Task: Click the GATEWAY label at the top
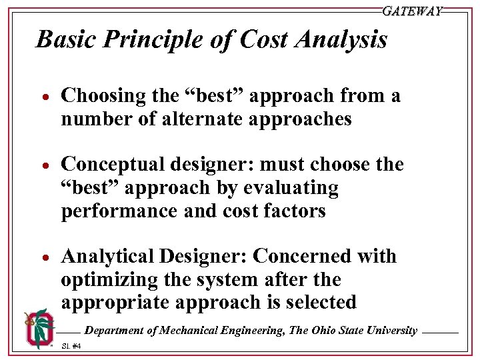click(x=412, y=11)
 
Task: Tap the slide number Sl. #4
click(x=71, y=346)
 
